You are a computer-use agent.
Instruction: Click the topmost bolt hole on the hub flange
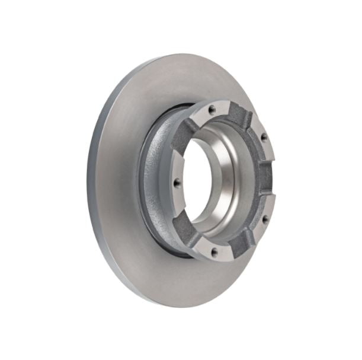[211, 109]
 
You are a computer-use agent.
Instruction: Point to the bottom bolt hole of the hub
[214, 251]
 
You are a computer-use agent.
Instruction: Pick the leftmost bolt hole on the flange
[176, 183]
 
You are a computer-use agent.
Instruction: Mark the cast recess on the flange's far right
[268, 178]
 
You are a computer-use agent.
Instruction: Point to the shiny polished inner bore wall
[225, 178]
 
